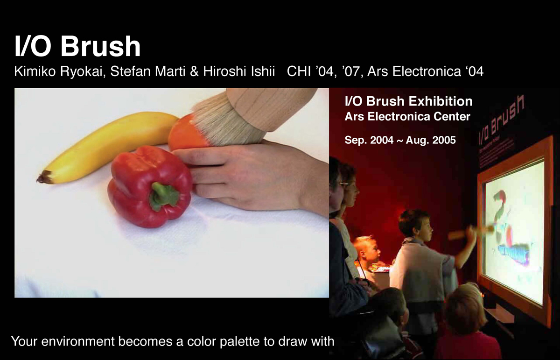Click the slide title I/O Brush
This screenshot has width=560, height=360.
tap(77, 47)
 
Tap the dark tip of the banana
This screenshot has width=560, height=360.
tap(45, 177)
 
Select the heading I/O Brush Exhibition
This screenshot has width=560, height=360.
tap(408, 101)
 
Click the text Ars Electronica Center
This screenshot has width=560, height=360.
tap(407, 117)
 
